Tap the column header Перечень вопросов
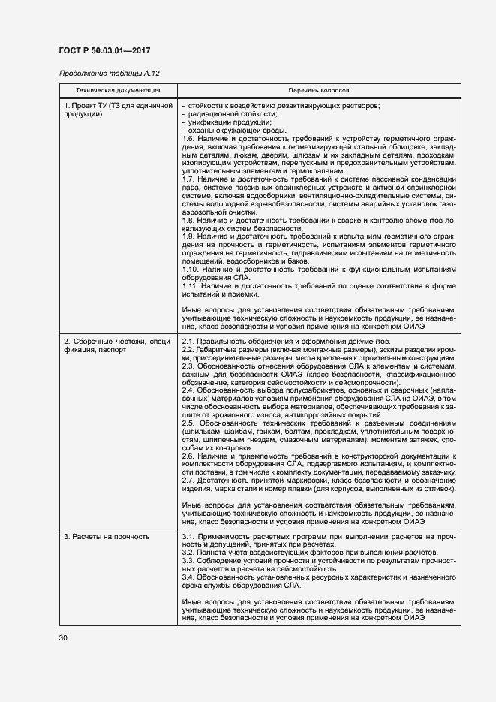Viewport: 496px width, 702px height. pos(318,90)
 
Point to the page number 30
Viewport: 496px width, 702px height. pos(63,638)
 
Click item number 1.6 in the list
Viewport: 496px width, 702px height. pos(189,138)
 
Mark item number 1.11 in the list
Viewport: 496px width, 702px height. pos(191,286)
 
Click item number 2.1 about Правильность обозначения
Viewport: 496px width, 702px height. pos(189,342)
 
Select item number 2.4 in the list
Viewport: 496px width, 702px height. pos(189,391)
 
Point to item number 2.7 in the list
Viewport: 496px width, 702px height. pos(189,480)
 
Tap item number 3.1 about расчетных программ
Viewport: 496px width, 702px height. pos(189,537)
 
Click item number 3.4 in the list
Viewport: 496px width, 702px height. pos(189,577)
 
